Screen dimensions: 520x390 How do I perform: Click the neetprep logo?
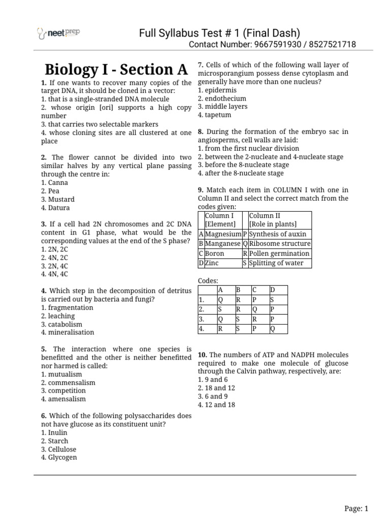59,34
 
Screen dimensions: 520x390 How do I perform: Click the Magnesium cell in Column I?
223,234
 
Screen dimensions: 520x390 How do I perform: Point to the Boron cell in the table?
214,253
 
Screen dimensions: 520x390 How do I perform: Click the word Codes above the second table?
208,280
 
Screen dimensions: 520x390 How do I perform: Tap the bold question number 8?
200,132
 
